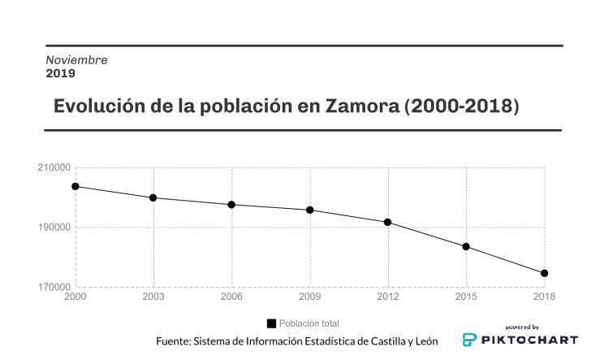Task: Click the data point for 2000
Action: (76, 186)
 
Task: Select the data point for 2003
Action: (153, 197)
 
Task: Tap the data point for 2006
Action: (232, 205)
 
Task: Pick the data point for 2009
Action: (310, 210)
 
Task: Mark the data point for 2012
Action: (388, 222)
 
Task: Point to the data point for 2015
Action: (466, 246)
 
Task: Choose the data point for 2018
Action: (544, 273)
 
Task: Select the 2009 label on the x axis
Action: (310, 297)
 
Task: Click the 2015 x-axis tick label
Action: (466, 297)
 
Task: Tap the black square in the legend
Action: (271, 323)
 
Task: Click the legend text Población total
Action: (309, 323)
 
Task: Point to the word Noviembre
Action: (76, 60)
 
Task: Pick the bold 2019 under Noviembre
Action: (60, 73)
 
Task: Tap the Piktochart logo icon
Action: (469, 340)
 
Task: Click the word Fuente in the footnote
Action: (173, 340)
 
